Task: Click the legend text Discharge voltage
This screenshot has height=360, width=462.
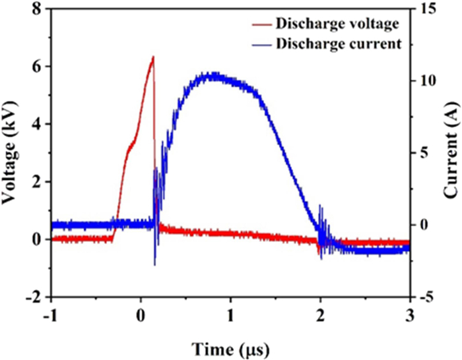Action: coord(338,24)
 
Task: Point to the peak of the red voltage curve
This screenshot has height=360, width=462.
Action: coord(153,57)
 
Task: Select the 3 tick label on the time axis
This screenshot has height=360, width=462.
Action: coord(411,314)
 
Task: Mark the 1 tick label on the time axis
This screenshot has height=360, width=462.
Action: coord(230,314)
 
